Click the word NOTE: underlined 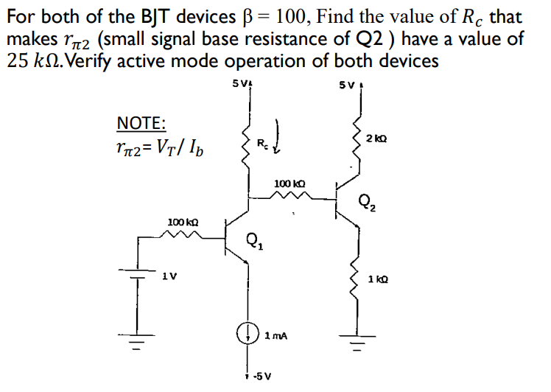tap(141, 123)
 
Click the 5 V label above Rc tap(240, 83)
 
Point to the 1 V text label tap(169, 276)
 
